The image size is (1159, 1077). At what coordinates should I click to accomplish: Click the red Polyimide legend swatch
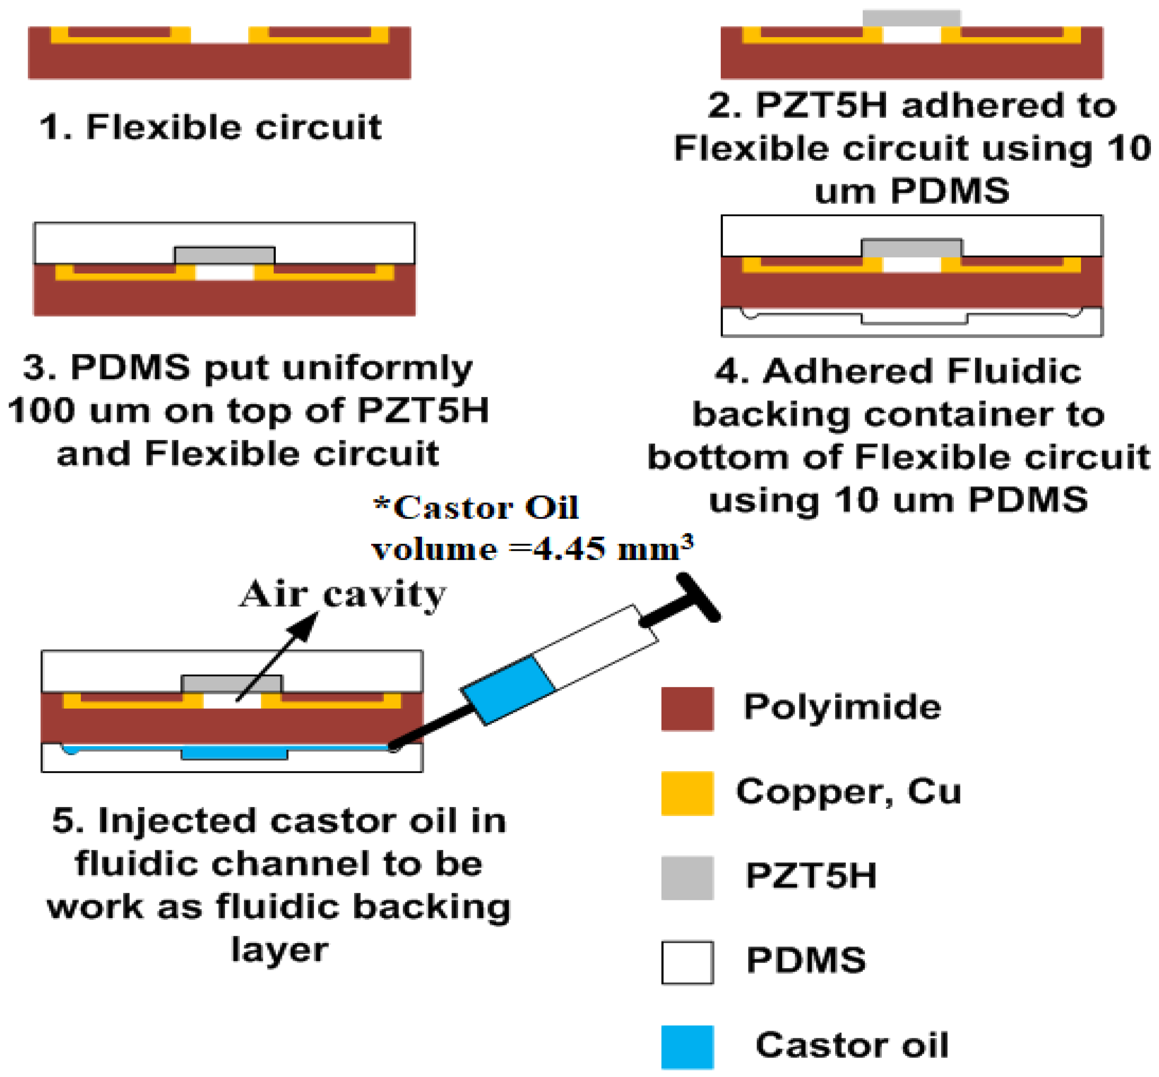(x=687, y=709)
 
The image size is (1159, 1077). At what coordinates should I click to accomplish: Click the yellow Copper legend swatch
(x=687, y=793)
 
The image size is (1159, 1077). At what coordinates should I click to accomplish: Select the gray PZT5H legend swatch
(x=687, y=878)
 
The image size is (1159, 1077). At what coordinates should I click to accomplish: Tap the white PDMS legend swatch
(x=687, y=962)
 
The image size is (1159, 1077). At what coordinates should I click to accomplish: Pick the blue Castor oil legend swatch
(x=687, y=1047)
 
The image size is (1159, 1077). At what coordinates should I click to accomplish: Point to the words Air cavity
(x=343, y=594)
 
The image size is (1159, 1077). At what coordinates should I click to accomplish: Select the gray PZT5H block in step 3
(x=225, y=255)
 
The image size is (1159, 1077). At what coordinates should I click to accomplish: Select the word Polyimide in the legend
(x=842, y=707)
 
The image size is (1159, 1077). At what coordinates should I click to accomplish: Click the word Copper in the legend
(x=813, y=791)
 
